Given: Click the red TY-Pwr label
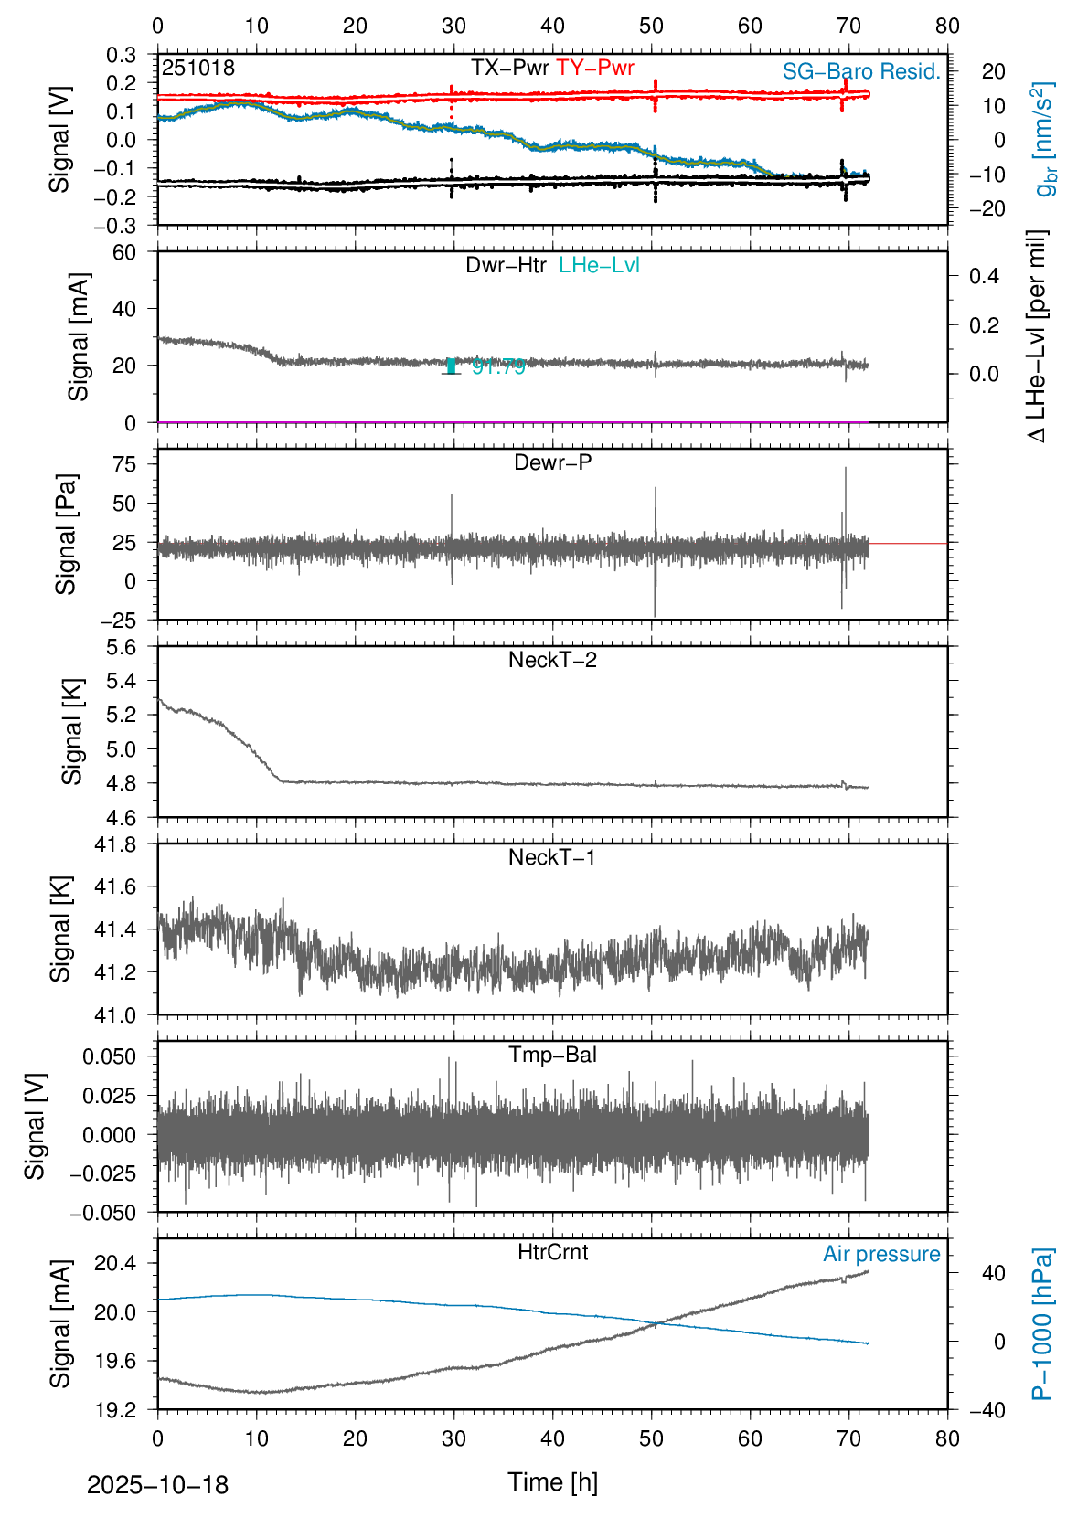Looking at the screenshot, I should point(595,68).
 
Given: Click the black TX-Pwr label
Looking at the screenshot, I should point(510,68).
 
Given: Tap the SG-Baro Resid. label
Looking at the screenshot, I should point(861,71).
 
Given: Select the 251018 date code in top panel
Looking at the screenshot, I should point(198,68).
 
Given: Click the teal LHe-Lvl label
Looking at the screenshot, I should point(600,265).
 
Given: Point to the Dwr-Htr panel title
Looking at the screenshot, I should point(506,265).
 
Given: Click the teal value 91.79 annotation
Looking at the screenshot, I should point(499,366).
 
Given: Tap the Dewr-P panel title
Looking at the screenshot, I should point(552,462).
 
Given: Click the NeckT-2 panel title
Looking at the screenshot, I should point(552,660).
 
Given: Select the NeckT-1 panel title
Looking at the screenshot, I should point(552,857).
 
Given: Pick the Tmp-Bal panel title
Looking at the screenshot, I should point(552,1055).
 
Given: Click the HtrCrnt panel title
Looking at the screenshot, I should point(552,1252).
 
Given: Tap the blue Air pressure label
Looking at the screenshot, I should point(881,1254).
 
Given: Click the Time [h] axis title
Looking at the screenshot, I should point(552,1481).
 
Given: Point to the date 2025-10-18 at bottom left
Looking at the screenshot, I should point(157,1484).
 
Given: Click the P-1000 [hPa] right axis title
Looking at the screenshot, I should point(1042,1323).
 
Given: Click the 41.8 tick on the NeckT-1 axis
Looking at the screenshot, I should point(115,844).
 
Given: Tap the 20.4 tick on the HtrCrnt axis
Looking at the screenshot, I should point(115,1264).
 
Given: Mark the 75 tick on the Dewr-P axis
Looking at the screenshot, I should point(124,464).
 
